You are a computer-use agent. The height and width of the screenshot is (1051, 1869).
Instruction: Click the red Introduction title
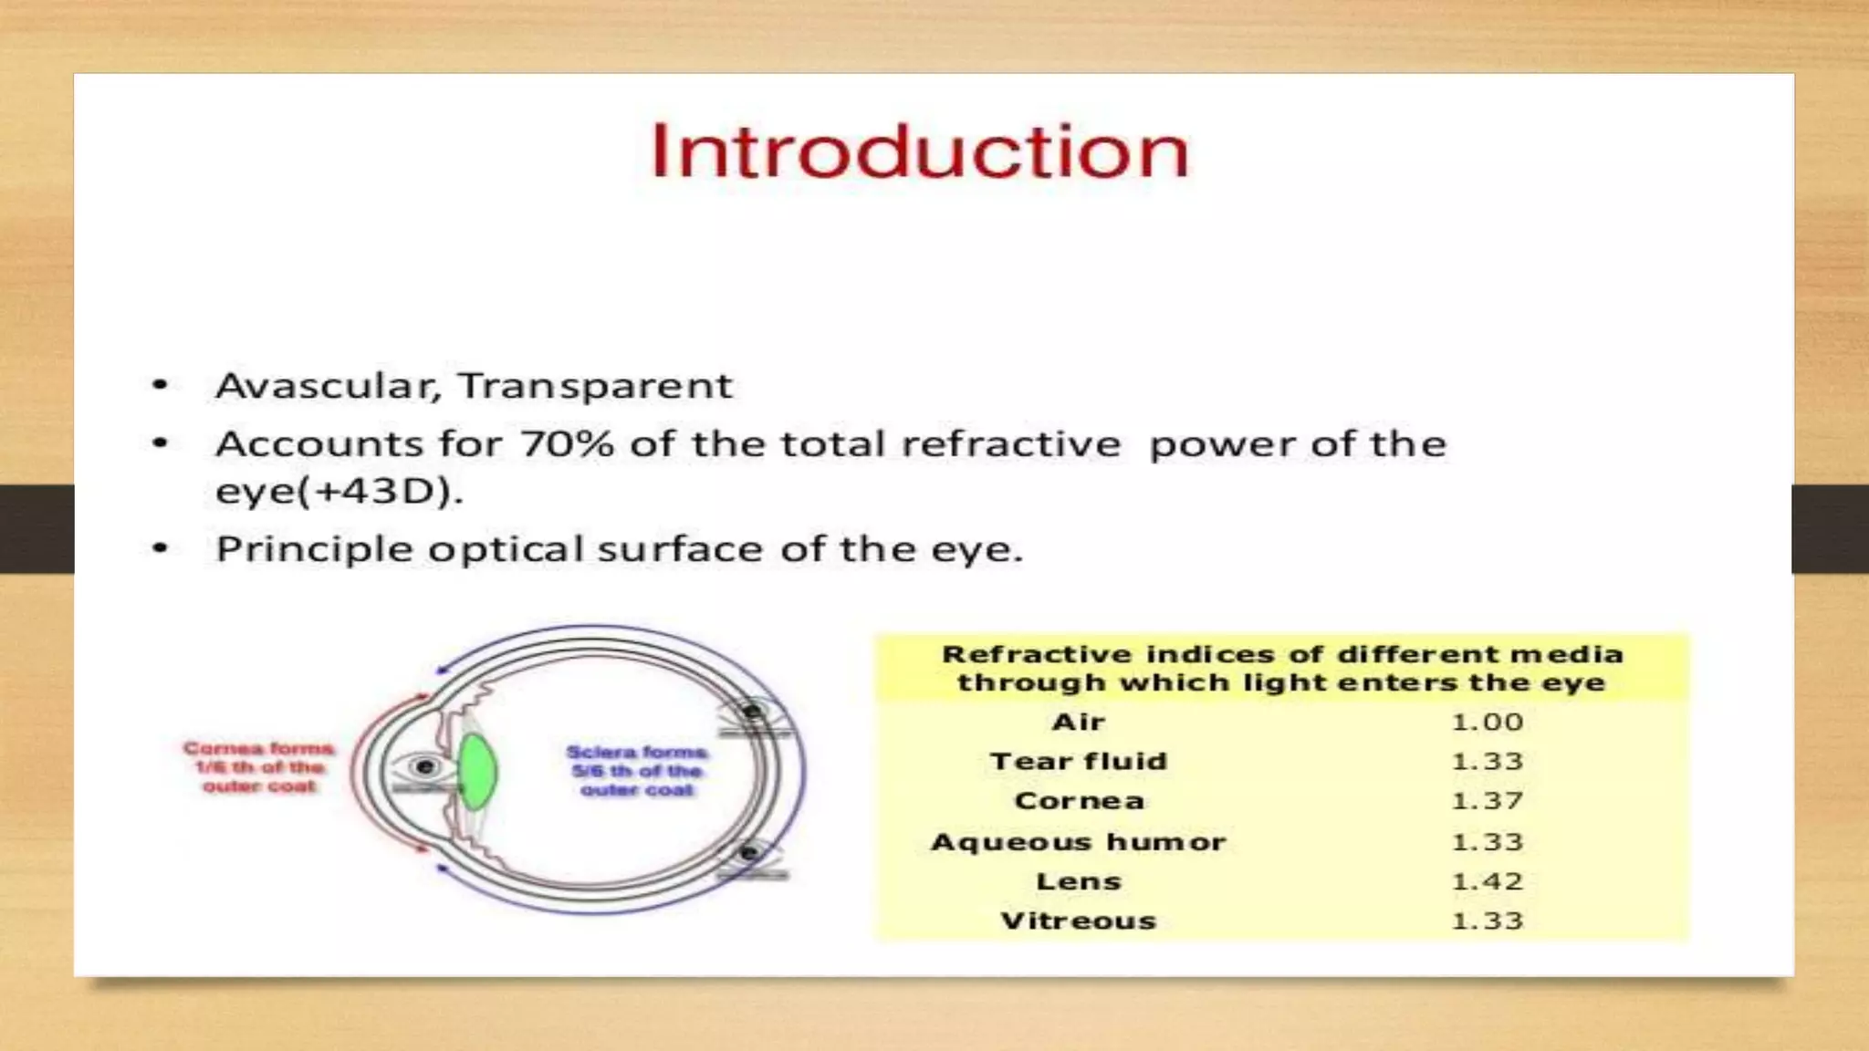pyautogui.click(x=920, y=151)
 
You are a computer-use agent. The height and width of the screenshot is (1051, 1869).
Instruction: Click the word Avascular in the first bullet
pyautogui.click(x=326, y=386)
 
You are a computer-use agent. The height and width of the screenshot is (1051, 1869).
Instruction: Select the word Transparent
pyautogui.click(x=595, y=386)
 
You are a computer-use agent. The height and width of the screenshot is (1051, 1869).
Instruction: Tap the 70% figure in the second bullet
pyautogui.click(x=567, y=444)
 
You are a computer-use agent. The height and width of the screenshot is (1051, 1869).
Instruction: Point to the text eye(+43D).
pyautogui.click(x=339, y=492)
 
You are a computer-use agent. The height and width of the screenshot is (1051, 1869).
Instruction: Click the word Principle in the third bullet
pyautogui.click(x=314, y=550)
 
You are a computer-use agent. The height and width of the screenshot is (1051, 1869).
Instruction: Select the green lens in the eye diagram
pyautogui.click(x=476, y=772)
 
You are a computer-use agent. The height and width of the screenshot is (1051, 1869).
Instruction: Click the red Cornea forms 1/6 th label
pyautogui.click(x=258, y=767)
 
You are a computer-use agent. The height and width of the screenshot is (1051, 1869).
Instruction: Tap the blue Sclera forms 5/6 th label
pyautogui.click(x=637, y=771)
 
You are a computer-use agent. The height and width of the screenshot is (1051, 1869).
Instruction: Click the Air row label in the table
pyautogui.click(x=1078, y=723)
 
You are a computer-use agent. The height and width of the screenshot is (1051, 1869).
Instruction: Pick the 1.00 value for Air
pyautogui.click(x=1487, y=723)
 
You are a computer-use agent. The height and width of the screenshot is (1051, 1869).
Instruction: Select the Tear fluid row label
pyautogui.click(x=1078, y=762)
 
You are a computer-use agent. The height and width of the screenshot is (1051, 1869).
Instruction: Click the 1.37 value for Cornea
pyautogui.click(x=1487, y=801)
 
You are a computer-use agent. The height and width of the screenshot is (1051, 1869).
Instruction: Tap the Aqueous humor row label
pyautogui.click(x=1078, y=842)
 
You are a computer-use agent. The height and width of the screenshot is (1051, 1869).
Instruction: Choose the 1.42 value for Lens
pyautogui.click(x=1487, y=882)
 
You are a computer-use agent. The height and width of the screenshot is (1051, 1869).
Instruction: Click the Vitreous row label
pyautogui.click(x=1078, y=921)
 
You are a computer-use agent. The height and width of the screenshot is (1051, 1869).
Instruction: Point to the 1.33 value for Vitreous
pyautogui.click(x=1487, y=921)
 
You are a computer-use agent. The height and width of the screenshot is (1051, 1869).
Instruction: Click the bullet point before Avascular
pyautogui.click(x=161, y=386)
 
